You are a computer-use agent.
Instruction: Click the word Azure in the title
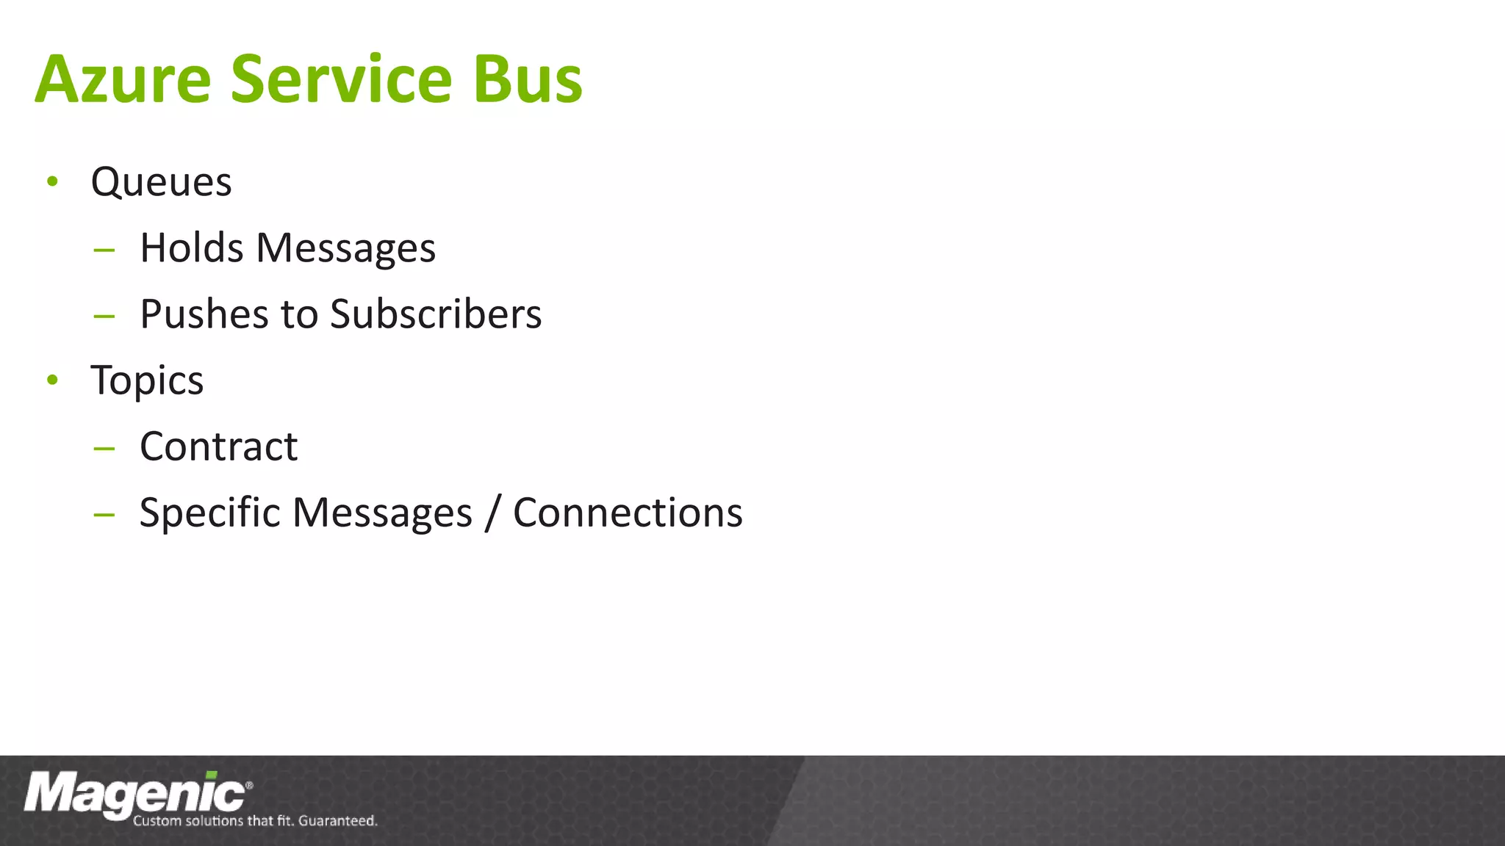pos(123,79)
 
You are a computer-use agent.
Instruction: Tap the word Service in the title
pos(341,79)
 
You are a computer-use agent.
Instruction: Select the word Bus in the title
pos(528,79)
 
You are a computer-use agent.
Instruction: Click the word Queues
pos(161,182)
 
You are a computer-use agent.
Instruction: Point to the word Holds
pos(191,247)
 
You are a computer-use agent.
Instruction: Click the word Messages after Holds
pos(345,249)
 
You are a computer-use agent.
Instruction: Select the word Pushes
pos(204,314)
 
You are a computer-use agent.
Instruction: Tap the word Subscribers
pos(436,314)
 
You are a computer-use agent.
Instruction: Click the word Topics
pos(147,381)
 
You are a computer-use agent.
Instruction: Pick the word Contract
pos(218,446)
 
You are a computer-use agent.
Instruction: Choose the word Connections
pos(628,513)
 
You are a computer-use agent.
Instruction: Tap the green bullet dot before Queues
pos(52,181)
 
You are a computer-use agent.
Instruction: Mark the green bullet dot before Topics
pos(52,380)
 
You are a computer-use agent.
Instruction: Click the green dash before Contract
pos(104,448)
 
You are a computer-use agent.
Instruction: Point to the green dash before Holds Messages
pos(104,250)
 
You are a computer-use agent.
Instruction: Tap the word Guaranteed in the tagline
pos(337,821)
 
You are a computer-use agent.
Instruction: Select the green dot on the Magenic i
pos(212,775)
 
